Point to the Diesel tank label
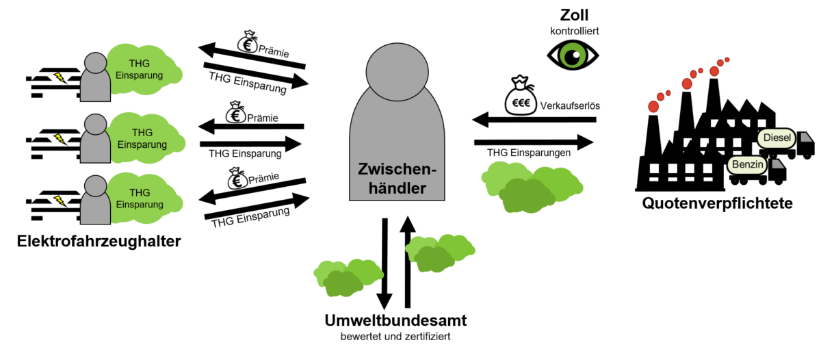777,138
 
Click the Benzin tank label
747,165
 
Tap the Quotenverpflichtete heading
717,203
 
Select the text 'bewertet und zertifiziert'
395,337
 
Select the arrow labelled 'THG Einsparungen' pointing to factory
534,142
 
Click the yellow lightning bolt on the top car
60,77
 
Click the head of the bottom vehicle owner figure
95,183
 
